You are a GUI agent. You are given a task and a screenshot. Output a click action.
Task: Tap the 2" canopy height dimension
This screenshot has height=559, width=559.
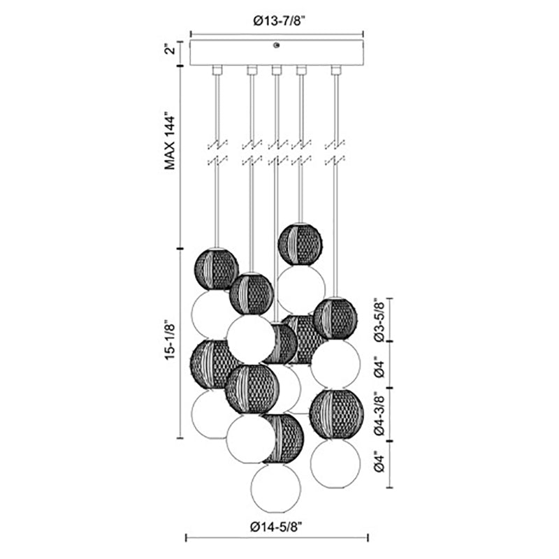coord(171,48)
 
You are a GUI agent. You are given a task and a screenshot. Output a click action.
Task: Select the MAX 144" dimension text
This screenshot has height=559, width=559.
coord(170,143)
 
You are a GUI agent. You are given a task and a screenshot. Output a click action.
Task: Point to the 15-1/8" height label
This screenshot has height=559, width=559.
coord(170,341)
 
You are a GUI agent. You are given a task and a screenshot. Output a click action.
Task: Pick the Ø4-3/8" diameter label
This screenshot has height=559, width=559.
coord(380,415)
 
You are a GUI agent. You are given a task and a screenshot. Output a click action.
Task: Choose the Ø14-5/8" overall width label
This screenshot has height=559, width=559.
coord(276,526)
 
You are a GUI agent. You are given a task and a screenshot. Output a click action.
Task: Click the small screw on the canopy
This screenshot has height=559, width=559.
coord(276,45)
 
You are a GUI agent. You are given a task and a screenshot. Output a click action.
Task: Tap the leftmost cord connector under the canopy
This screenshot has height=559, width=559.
coord(217,71)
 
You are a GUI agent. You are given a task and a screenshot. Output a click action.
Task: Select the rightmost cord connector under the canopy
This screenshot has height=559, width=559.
coord(335,71)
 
